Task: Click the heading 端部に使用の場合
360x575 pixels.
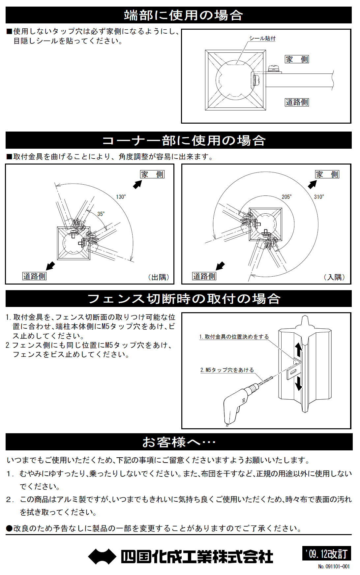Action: (x=183, y=15)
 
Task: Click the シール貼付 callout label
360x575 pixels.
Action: (x=262, y=38)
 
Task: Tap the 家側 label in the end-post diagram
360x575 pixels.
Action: (x=297, y=59)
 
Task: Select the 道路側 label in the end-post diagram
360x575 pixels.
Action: (x=297, y=102)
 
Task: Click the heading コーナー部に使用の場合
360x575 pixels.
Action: (x=183, y=140)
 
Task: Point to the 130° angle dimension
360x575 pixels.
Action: (x=121, y=197)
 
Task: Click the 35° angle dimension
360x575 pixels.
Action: (x=101, y=214)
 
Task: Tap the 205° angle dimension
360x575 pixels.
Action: (x=286, y=197)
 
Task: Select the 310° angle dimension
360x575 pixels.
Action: (x=319, y=197)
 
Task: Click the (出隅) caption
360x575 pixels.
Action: (x=159, y=277)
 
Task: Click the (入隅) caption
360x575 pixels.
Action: (x=334, y=277)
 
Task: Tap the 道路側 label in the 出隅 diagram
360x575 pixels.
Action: (x=34, y=276)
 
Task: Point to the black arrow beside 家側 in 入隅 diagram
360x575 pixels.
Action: (x=312, y=185)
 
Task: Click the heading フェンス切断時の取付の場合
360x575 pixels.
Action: (x=183, y=299)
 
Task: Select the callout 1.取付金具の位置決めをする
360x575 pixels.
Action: (x=234, y=337)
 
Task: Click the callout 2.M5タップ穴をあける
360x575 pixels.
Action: (x=227, y=370)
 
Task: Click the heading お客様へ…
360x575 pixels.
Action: (x=179, y=442)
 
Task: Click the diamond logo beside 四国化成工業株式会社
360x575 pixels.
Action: (x=102, y=557)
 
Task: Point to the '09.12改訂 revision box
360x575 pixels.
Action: (x=326, y=554)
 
